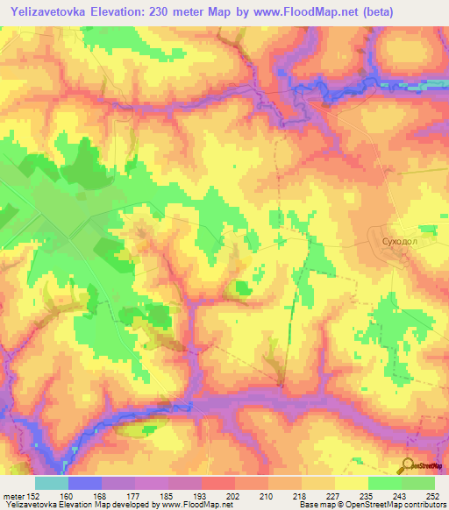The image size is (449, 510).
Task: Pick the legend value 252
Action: click(x=433, y=497)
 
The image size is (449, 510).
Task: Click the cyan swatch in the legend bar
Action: click(x=52, y=483)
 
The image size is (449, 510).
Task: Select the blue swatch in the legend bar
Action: click(x=85, y=483)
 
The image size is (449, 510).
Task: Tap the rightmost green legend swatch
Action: click(x=417, y=483)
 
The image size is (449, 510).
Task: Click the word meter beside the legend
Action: click(x=13, y=497)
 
